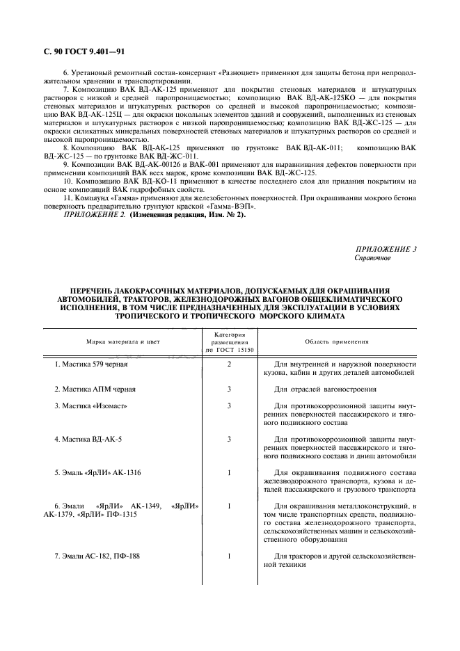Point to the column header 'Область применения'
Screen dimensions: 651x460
coord(337,341)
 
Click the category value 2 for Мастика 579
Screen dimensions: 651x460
coord(228,364)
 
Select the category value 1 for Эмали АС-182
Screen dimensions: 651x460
coord(228,556)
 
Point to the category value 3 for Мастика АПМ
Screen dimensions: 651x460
coord(228,389)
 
